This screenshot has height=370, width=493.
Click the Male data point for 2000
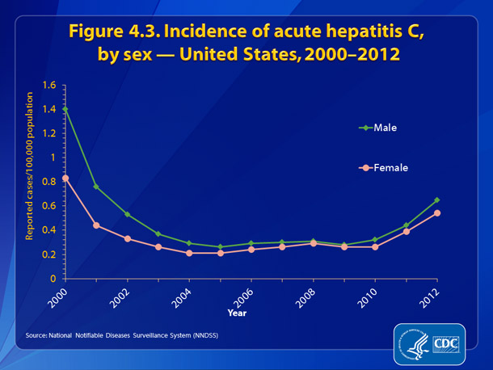coord(65,108)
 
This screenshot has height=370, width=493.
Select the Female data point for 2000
coord(65,178)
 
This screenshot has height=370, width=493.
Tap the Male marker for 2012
coord(437,200)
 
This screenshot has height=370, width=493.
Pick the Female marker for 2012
coord(437,212)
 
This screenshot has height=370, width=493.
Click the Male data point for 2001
coord(96,187)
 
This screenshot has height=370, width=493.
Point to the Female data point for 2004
coord(189,253)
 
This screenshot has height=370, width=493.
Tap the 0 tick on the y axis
coord(52,279)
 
